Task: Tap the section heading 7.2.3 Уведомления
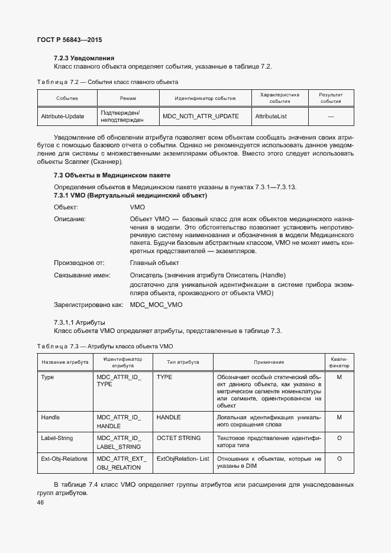(84, 58)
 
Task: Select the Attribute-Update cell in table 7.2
(62, 117)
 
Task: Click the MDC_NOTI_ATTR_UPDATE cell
(201, 117)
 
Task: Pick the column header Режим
(128, 98)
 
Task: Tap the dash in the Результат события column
(331, 117)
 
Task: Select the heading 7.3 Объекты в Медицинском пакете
(112, 176)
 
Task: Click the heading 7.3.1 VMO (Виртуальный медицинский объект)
(130, 195)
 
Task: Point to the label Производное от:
(79, 263)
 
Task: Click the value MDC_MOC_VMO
(156, 305)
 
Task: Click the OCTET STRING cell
(179, 438)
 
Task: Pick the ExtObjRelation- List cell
(183, 458)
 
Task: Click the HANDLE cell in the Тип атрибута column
(169, 418)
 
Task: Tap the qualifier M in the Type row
(339, 377)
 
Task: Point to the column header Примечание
(269, 362)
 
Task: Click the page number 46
(41, 503)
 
